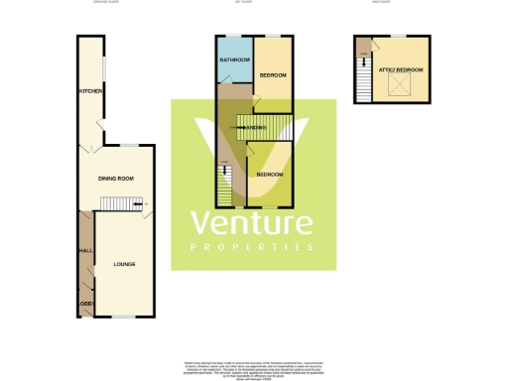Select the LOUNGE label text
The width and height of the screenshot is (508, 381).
(x=124, y=264)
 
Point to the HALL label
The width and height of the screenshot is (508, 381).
(x=84, y=252)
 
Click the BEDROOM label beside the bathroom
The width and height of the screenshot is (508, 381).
(x=273, y=75)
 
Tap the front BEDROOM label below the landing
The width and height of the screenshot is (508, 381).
(x=269, y=174)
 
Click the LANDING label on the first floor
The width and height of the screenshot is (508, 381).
(x=259, y=129)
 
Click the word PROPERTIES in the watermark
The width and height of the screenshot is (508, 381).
(x=252, y=246)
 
